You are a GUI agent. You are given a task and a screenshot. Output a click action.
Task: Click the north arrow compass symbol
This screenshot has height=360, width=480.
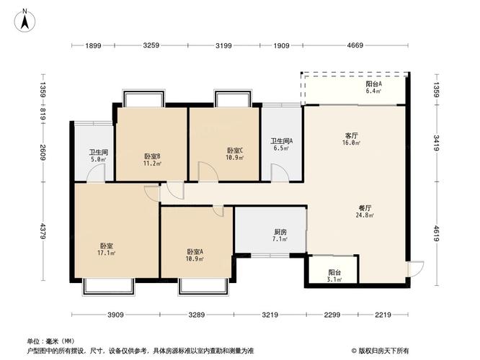[x=24, y=20]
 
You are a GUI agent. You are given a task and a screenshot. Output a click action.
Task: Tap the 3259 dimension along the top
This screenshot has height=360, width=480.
[x=151, y=46]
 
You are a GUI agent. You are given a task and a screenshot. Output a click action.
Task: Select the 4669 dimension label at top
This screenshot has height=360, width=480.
[x=354, y=46]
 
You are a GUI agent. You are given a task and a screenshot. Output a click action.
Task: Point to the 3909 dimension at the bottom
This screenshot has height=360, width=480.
[x=116, y=315]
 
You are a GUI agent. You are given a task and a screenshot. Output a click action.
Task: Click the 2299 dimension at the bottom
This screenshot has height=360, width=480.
[x=332, y=315]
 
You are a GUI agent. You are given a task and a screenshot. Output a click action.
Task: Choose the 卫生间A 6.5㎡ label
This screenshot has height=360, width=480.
[x=281, y=145]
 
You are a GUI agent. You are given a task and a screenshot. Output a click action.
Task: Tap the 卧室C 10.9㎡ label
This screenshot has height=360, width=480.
[x=234, y=154]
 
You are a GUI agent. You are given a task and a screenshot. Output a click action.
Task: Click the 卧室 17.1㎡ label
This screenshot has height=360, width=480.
[x=106, y=250]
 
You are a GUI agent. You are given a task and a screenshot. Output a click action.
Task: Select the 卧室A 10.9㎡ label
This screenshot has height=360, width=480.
[x=195, y=255]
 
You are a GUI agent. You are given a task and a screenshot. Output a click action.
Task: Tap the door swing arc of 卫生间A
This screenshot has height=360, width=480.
[x=278, y=173]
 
